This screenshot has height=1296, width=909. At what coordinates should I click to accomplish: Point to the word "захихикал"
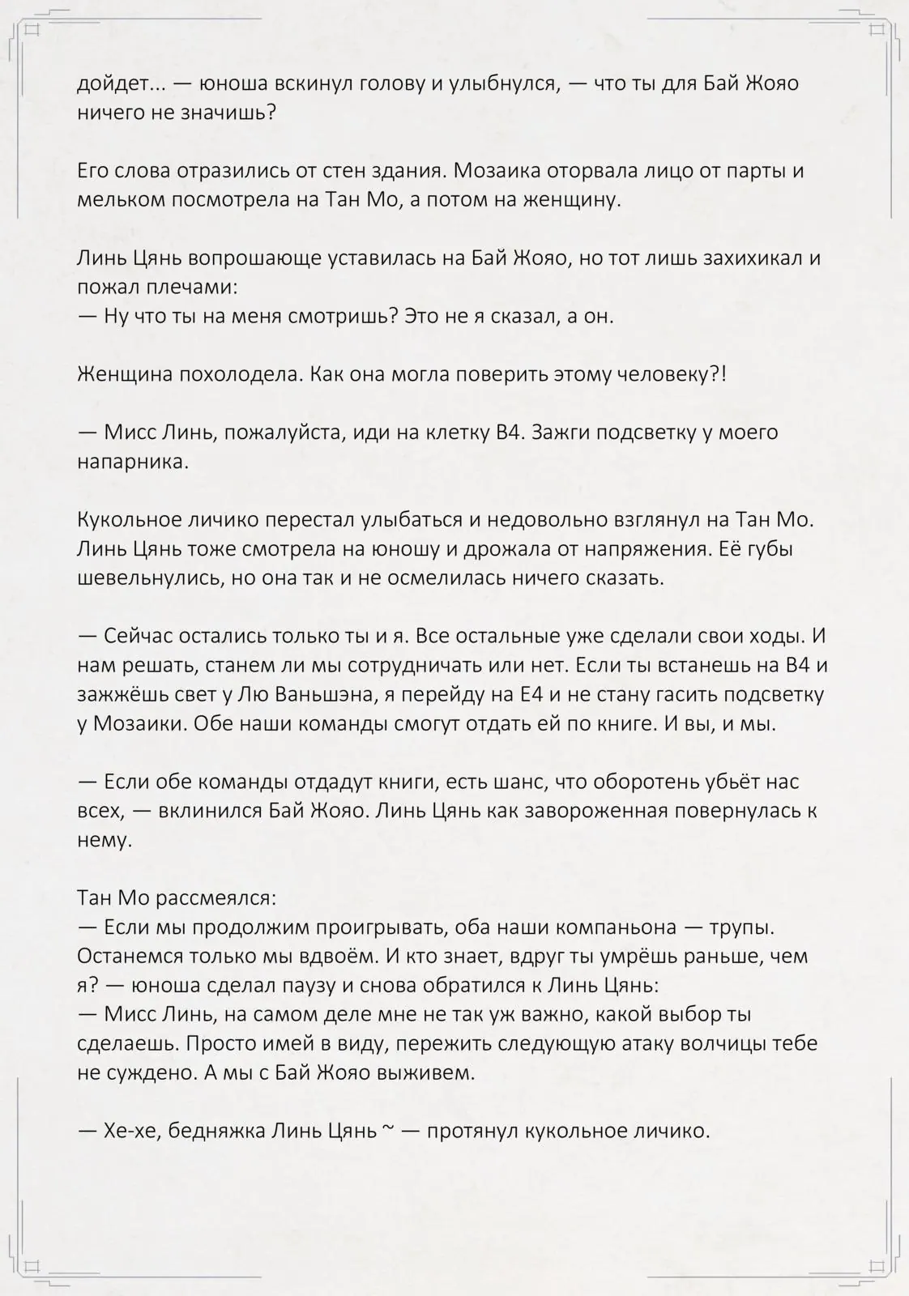pyautogui.click(x=735, y=258)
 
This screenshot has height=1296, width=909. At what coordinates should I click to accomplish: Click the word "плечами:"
pyautogui.click(x=195, y=288)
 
